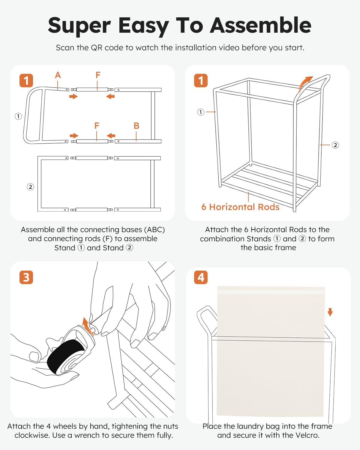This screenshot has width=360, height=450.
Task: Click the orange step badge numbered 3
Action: (x=26, y=277)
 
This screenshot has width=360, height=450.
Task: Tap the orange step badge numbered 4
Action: (x=201, y=277)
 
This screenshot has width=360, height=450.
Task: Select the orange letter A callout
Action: (x=58, y=75)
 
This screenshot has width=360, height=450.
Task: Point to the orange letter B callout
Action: (x=136, y=126)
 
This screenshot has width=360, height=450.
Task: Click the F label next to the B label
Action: (x=97, y=126)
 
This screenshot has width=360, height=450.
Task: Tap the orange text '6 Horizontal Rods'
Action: (x=240, y=207)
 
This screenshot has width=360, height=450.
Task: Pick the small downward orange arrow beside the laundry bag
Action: (x=330, y=312)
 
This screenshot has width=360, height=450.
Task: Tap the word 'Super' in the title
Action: (x=79, y=26)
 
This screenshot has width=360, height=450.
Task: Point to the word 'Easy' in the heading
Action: (x=143, y=26)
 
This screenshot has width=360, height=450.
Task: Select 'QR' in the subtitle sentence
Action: (x=96, y=48)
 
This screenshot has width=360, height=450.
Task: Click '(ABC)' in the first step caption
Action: (x=154, y=230)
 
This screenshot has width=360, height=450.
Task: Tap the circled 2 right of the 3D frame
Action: (x=335, y=145)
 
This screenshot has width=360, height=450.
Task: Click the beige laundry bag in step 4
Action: (x=271, y=351)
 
